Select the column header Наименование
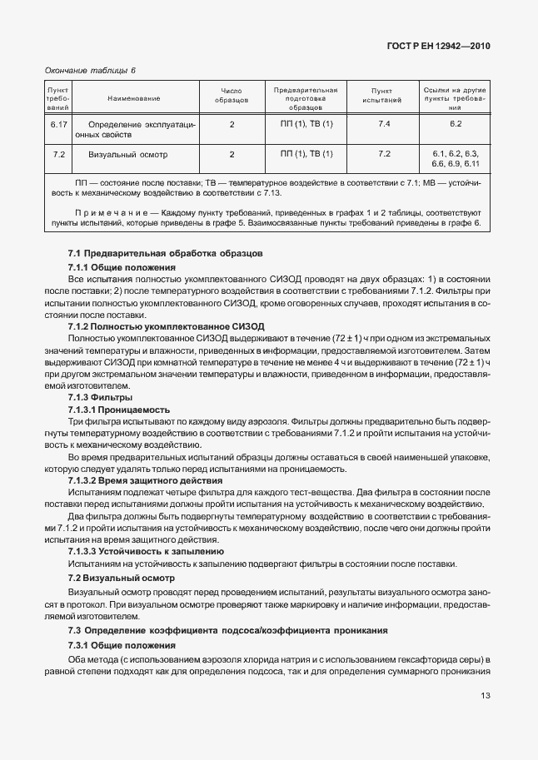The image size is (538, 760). click(x=133, y=99)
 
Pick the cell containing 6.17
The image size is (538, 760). click(x=59, y=124)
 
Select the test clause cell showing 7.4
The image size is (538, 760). click(x=384, y=124)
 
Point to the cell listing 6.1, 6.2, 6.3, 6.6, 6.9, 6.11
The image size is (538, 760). click(x=455, y=159)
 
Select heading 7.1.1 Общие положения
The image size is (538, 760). click(x=122, y=267)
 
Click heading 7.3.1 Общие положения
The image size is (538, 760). click(x=122, y=646)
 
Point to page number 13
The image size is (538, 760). click(x=485, y=697)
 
